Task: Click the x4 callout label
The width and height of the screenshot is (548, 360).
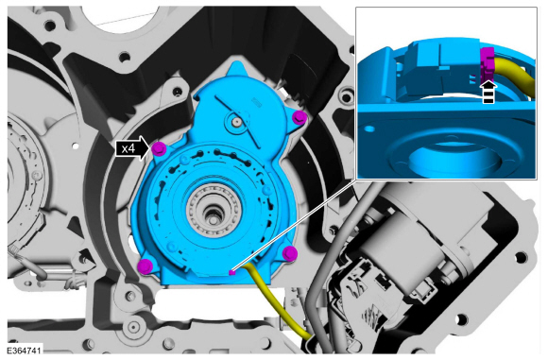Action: pyautogui.click(x=128, y=149)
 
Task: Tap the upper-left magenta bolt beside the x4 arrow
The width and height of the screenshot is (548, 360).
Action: pyautogui.click(x=159, y=149)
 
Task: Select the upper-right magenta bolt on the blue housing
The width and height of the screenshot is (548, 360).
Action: pyautogui.click(x=300, y=117)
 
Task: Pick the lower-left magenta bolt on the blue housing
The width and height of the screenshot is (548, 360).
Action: pyautogui.click(x=146, y=266)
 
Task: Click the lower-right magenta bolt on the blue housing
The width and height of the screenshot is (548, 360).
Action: pyautogui.click(x=290, y=253)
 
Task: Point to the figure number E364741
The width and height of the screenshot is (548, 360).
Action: pyautogui.click(x=25, y=351)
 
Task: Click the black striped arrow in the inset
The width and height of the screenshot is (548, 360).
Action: pyautogui.click(x=488, y=92)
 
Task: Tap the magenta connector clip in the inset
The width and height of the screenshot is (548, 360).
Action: pyautogui.click(x=487, y=63)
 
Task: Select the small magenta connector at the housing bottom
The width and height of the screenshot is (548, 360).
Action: pyautogui.click(x=231, y=272)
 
